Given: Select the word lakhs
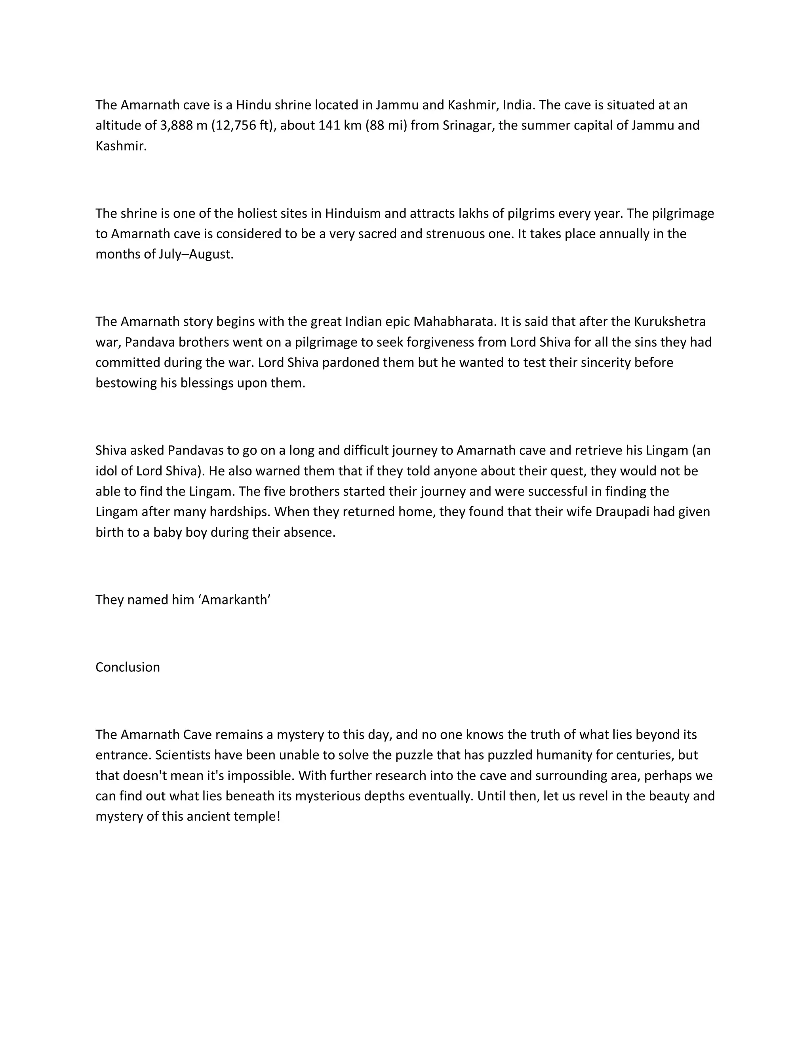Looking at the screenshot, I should click(x=473, y=213).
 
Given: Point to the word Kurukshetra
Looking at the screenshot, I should click(x=670, y=321).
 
